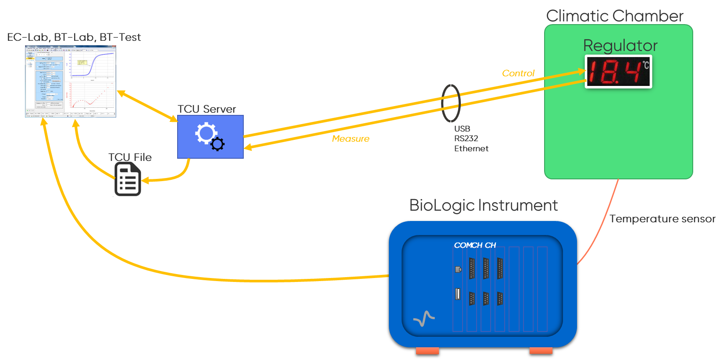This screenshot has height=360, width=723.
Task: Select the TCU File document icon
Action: coord(128,179)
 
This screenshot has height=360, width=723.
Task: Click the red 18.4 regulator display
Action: coord(618,72)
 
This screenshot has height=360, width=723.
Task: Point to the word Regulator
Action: coord(620,46)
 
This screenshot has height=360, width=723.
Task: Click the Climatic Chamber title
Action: coord(614,16)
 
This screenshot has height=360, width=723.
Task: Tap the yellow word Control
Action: coord(518,73)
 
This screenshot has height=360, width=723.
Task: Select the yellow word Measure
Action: coord(350,139)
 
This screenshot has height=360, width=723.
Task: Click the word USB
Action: coord(462,128)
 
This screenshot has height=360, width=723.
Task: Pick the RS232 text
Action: coord(466,139)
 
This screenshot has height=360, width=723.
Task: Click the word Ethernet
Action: coord(471,149)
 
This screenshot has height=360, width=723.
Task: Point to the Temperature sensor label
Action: coord(662,219)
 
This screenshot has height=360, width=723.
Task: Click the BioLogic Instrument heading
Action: coord(483,205)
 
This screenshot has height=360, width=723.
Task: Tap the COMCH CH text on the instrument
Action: coord(475,245)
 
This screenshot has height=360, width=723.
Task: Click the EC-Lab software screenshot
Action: coord(71,82)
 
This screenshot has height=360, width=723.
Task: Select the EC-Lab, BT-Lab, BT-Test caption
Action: coord(74,37)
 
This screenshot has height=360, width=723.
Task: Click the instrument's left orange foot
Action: coord(427,351)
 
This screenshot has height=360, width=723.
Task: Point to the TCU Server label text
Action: coord(207,109)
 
